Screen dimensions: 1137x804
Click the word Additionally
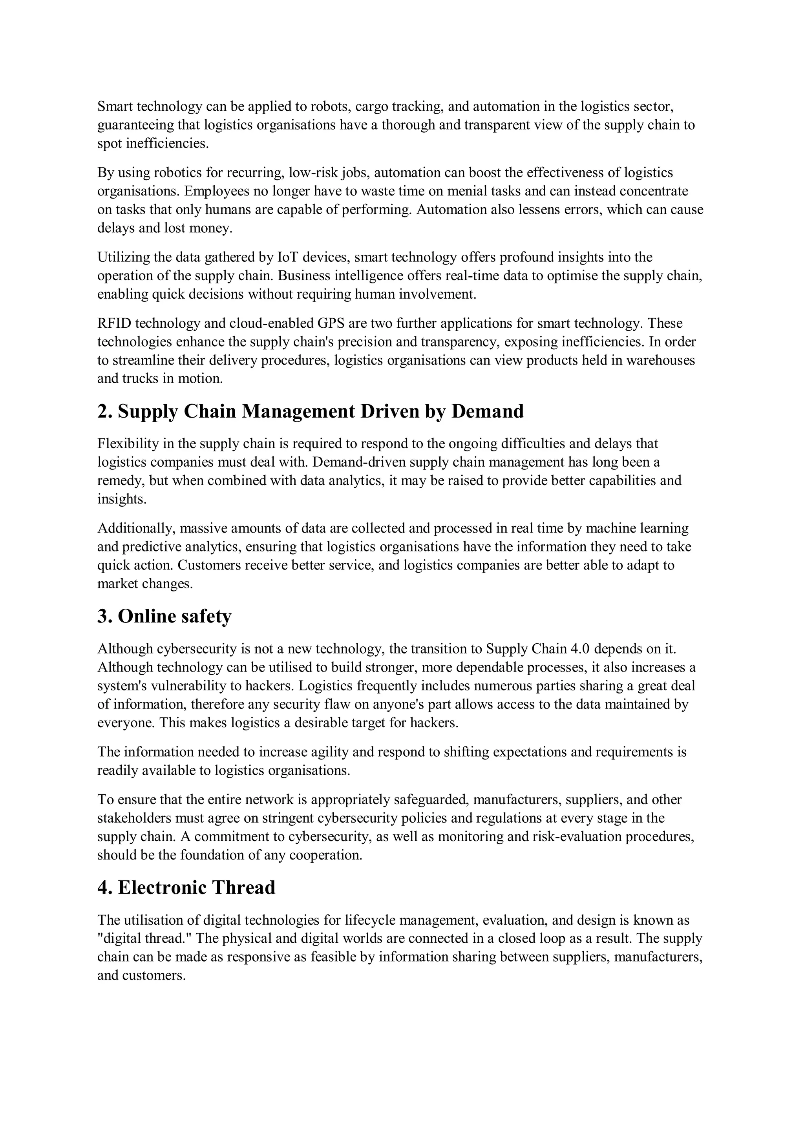(135, 528)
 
